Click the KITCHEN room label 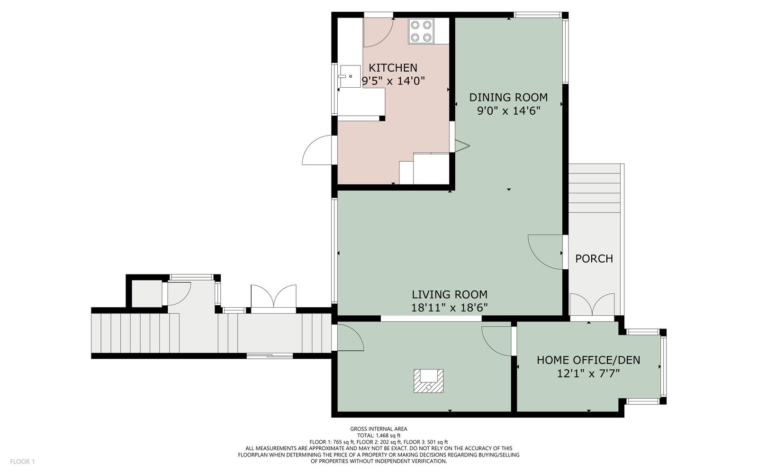(x=393, y=68)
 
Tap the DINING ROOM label (x=508, y=98)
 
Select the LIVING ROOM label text (x=450, y=294)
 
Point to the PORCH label (x=594, y=259)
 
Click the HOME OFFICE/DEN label (x=588, y=360)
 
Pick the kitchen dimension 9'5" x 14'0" (x=393, y=81)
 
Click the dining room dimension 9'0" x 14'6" (x=508, y=111)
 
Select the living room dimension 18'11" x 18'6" (x=450, y=308)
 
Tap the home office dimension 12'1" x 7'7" (x=588, y=374)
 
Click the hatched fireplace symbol (x=428, y=381)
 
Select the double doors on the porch (x=592, y=305)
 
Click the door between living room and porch (x=545, y=252)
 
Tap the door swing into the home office (x=496, y=341)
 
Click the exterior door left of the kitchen (x=317, y=150)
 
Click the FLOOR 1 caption (x=22, y=462)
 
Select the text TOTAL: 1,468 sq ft (x=379, y=436)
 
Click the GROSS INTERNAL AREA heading (x=379, y=429)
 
